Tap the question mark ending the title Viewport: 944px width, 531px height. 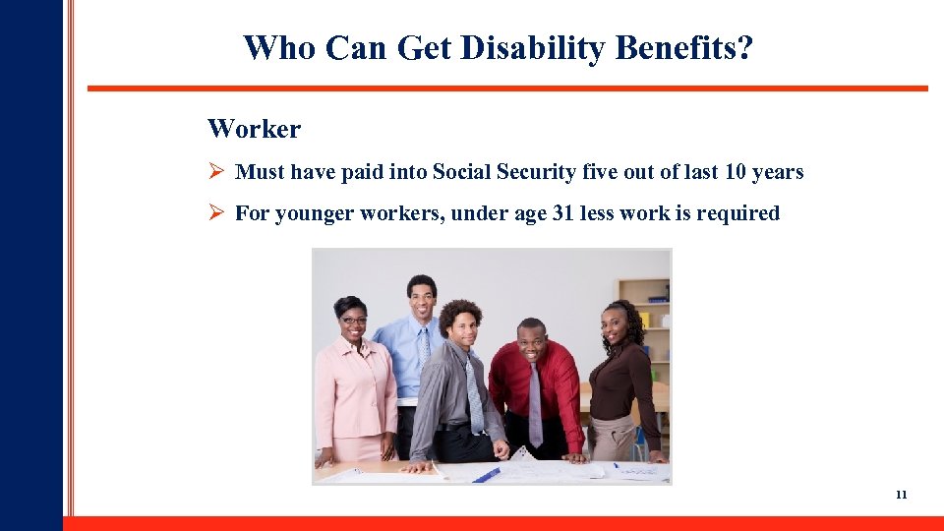[x=744, y=47]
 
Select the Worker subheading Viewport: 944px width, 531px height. [x=254, y=129]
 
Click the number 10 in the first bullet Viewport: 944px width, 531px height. [x=735, y=172]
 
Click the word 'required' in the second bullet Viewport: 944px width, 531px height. [x=737, y=213]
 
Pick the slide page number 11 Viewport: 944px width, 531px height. [x=901, y=495]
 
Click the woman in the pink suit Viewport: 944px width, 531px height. [x=353, y=383]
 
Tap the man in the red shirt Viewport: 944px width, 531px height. [x=536, y=388]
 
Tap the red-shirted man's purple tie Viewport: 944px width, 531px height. [x=535, y=403]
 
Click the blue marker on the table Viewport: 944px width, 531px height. [x=486, y=475]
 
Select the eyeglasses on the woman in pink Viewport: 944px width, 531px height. [x=353, y=321]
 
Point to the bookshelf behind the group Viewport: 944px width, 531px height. [x=646, y=315]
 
